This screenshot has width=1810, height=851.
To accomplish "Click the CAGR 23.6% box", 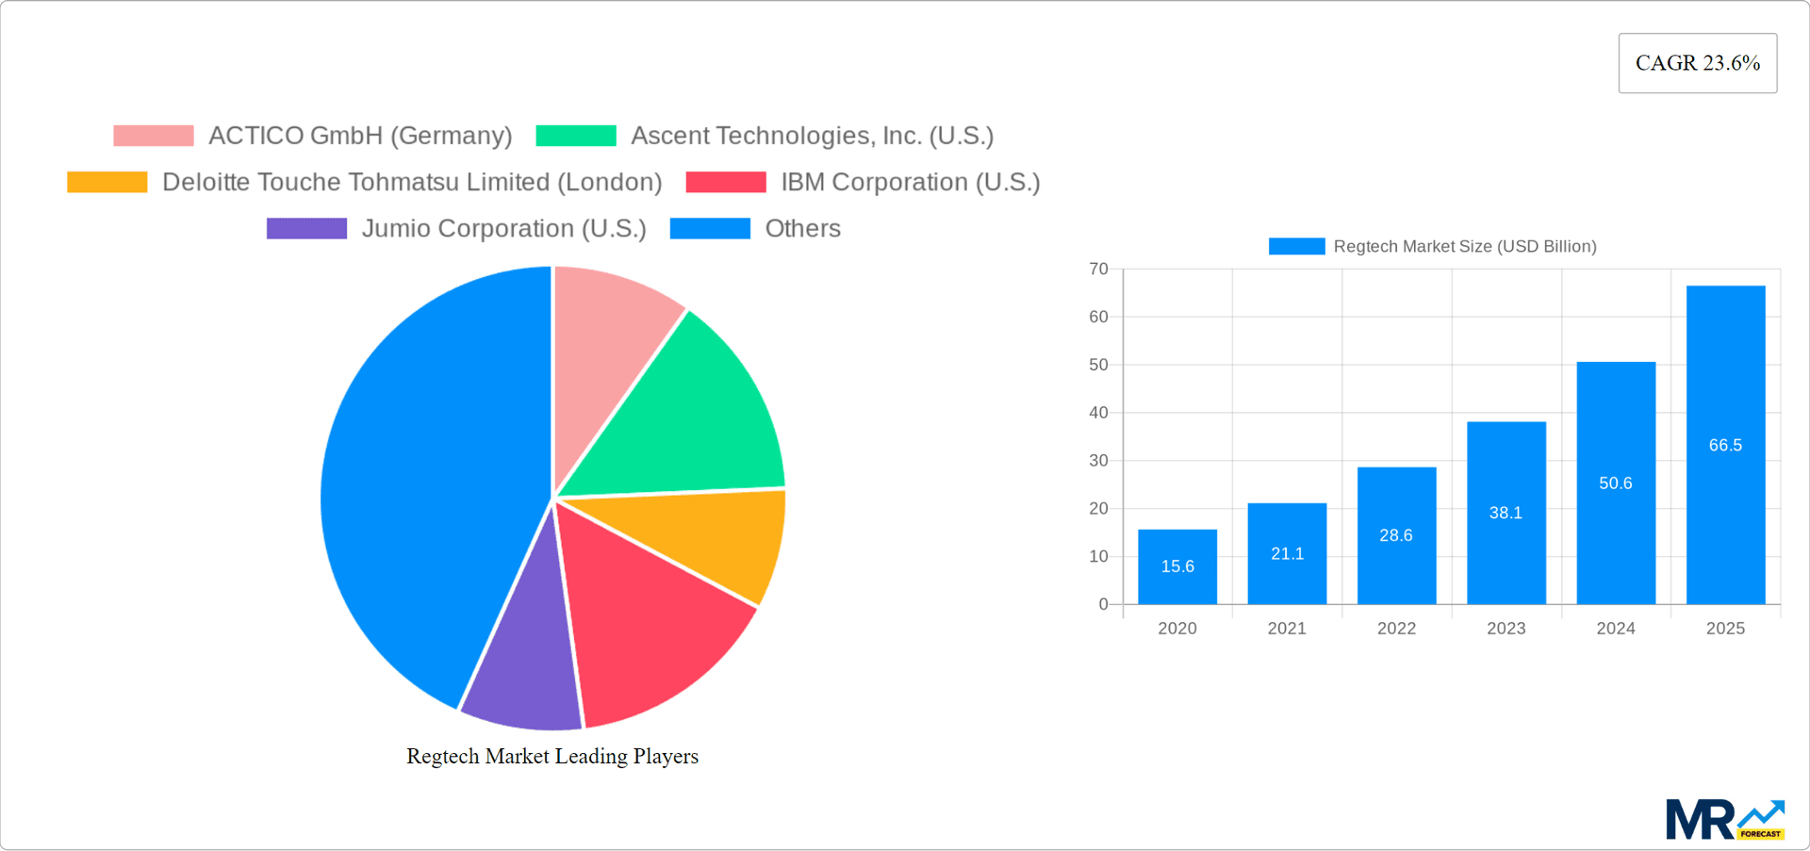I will tap(1697, 63).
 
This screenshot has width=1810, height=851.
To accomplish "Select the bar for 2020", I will tap(1177, 566).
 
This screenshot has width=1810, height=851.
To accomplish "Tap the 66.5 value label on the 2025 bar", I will tap(1725, 445).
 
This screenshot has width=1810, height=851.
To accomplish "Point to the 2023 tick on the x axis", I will tap(1506, 629).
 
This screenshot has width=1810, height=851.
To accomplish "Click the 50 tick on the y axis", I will tap(1098, 365).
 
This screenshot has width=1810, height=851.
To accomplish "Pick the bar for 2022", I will tap(1396, 535).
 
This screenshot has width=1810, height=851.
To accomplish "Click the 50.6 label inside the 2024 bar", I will tap(1615, 483).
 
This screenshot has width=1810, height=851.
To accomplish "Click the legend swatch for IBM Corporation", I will tap(726, 182).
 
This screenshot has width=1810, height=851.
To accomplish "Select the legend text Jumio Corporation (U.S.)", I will tap(503, 228).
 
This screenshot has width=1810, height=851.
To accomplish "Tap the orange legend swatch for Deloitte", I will tap(107, 182).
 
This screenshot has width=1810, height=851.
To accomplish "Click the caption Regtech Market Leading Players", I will tap(552, 756).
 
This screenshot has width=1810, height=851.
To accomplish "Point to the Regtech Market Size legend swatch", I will tap(1296, 246).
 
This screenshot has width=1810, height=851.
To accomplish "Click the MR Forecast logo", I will tap(1724, 819).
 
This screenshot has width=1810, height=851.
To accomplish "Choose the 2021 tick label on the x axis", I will tap(1287, 629).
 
